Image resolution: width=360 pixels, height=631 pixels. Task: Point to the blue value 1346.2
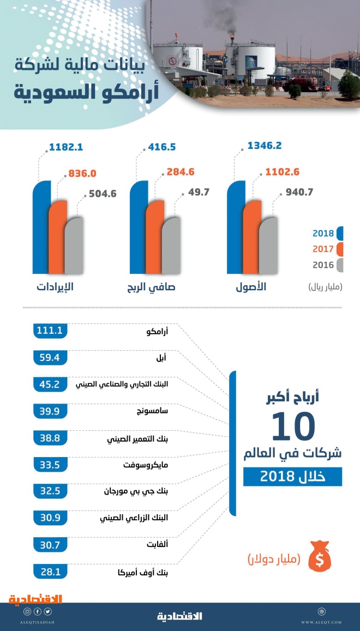coord(265,146)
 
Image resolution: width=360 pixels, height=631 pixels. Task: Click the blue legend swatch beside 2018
coord(339,233)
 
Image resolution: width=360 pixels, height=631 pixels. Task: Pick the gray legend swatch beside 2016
coord(339,265)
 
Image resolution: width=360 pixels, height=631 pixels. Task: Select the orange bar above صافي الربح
coord(154,237)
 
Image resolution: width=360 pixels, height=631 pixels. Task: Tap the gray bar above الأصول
coord(268,245)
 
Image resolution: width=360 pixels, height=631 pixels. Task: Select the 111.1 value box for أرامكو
coord(50,330)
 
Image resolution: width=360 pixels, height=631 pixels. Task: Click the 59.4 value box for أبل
coord(50,357)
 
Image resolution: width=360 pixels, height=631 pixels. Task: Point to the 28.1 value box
coord(50,571)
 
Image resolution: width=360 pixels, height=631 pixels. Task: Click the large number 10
coord(293,426)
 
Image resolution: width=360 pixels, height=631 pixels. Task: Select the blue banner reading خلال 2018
coord(292,477)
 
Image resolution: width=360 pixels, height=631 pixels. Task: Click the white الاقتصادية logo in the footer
coord(180,616)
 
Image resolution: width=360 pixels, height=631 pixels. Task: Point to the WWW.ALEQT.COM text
coord(322,622)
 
